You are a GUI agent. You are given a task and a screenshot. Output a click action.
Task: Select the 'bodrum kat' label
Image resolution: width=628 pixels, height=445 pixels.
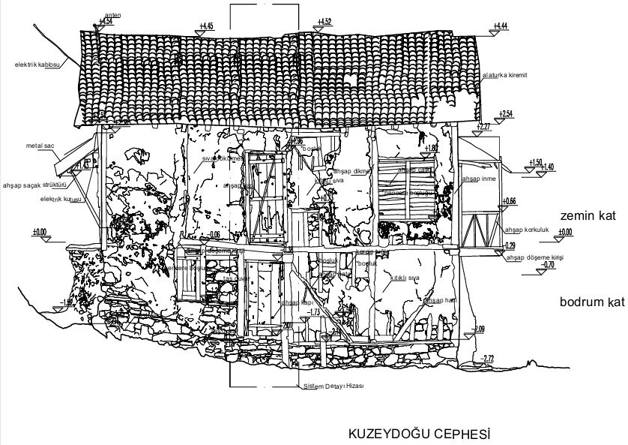pyautogui.click(x=591, y=302)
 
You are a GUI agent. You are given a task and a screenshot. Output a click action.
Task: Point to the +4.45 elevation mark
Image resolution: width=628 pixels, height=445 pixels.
pyautogui.click(x=206, y=26)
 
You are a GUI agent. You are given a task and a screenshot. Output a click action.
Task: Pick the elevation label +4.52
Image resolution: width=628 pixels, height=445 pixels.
pyautogui.click(x=324, y=21)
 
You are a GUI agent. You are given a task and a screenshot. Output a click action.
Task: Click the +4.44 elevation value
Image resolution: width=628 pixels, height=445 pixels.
pyautogui.click(x=501, y=26)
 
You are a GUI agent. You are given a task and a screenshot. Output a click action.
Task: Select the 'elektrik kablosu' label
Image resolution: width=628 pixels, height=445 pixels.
pyautogui.click(x=37, y=65)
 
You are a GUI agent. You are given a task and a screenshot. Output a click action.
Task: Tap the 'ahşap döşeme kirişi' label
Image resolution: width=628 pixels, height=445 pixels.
pyautogui.click(x=534, y=257)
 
